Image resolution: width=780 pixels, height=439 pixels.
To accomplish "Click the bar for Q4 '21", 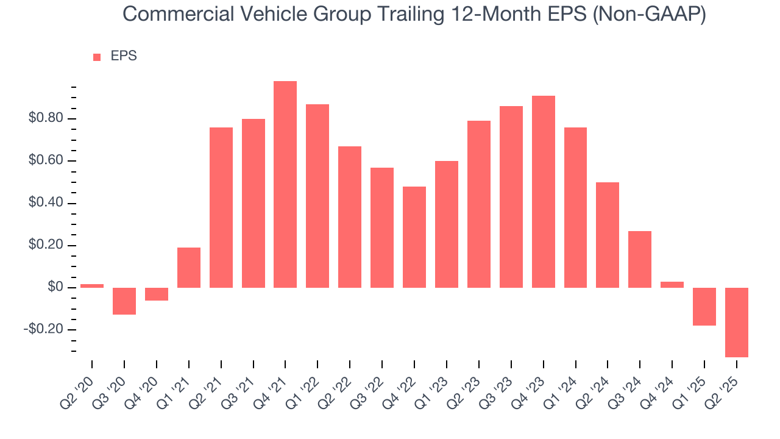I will click(285, 184).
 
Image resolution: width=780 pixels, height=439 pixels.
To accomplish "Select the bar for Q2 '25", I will click(736, 322).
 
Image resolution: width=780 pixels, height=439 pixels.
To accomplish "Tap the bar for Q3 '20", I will click(124, 301).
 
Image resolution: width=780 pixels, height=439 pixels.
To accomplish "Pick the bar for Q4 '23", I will click(543, 191).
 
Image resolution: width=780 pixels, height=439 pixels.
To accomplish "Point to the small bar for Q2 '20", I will click(92, 286).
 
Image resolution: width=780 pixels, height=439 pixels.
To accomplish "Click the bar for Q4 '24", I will click(672, 285).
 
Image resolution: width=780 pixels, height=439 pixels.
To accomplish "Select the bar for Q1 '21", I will click(189, 268).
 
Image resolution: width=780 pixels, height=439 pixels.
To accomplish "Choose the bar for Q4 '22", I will click(414, 237).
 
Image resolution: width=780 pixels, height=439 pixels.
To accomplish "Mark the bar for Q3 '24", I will click(640, 259).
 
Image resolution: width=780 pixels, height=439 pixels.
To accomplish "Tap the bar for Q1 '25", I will click(704, 307).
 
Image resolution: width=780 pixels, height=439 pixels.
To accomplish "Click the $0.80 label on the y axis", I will click(46, 118).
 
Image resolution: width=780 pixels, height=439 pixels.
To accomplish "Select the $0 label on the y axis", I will click(55, 288).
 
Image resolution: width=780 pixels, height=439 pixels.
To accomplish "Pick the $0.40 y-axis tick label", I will click(46, 203).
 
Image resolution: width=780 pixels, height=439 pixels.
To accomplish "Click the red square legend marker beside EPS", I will click(97, 57).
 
